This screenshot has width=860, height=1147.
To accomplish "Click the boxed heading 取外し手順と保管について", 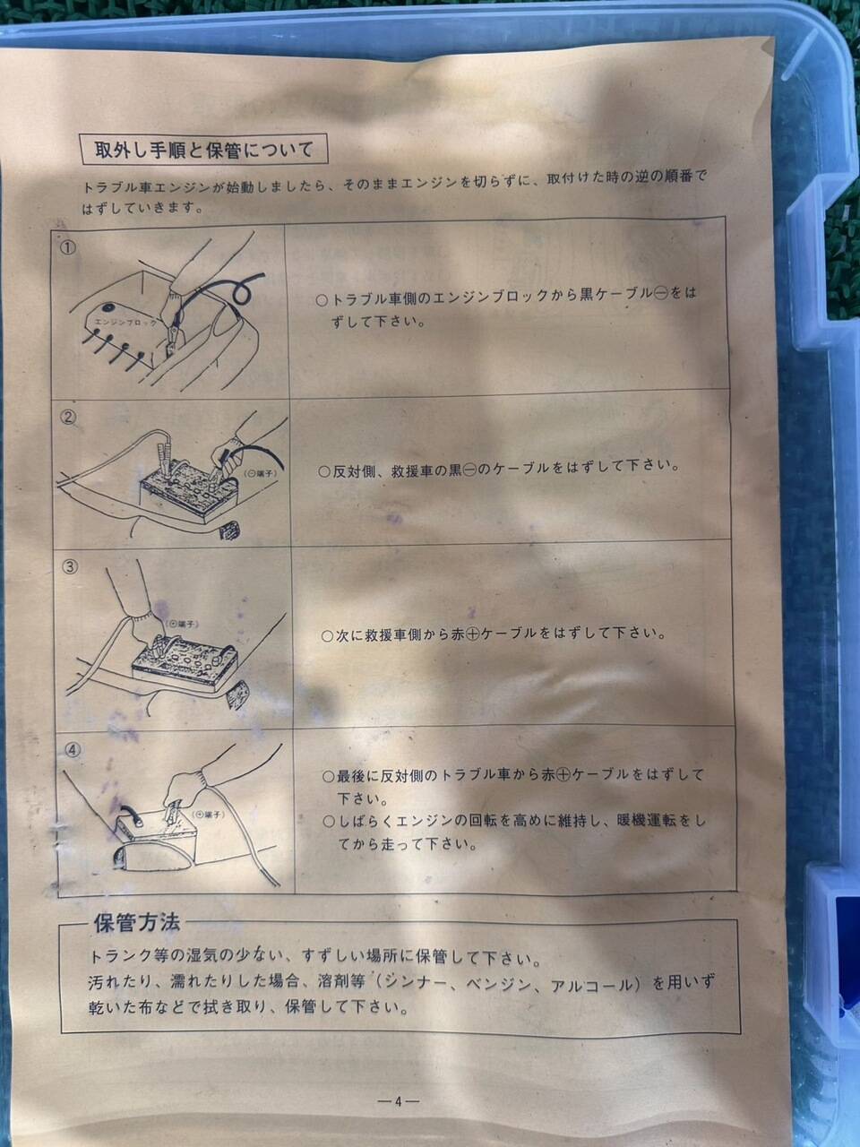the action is click(203, 150).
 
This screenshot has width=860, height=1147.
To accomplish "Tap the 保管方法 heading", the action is click(137, 923).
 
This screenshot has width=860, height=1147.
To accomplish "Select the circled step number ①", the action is click(68, 247).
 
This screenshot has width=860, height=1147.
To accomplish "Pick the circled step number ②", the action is click(69, 417).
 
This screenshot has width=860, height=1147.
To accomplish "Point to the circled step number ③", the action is click(70, 566).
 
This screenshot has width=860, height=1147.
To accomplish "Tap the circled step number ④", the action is click(73, 749).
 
